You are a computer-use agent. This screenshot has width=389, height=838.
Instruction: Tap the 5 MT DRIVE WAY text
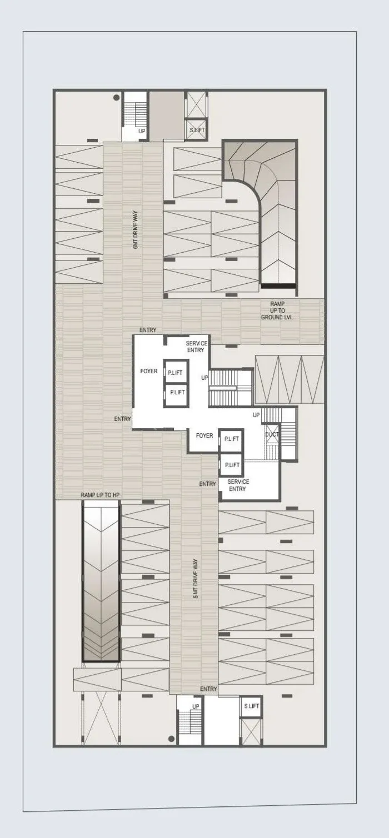click(196, 579)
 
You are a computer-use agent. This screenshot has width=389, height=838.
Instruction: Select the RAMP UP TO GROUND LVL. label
click(277, 310)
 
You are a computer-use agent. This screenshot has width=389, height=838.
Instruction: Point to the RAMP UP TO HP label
click(101, 495)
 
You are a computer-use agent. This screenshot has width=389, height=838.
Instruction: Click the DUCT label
click(272, 434)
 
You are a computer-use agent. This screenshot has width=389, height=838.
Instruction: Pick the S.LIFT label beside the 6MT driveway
click(197, 130)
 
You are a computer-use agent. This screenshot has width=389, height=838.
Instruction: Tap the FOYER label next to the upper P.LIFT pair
click(149, 371)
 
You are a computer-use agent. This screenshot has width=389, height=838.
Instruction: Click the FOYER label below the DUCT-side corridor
click(205, 435)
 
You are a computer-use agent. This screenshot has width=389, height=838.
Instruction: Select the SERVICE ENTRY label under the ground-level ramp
click(196, 347)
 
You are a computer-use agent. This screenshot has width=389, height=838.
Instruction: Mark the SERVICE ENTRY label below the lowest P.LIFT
click(238, 485)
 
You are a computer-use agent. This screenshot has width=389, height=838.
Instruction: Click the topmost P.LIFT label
click(175, 373)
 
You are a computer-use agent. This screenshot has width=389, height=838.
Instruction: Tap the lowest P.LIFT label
click(232, 465)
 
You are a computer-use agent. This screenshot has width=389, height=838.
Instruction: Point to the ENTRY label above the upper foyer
click(148, 330)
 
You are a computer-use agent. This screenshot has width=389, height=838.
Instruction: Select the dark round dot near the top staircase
click(117, 98)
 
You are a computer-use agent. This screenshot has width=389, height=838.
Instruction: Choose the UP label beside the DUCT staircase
click(256, 415)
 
